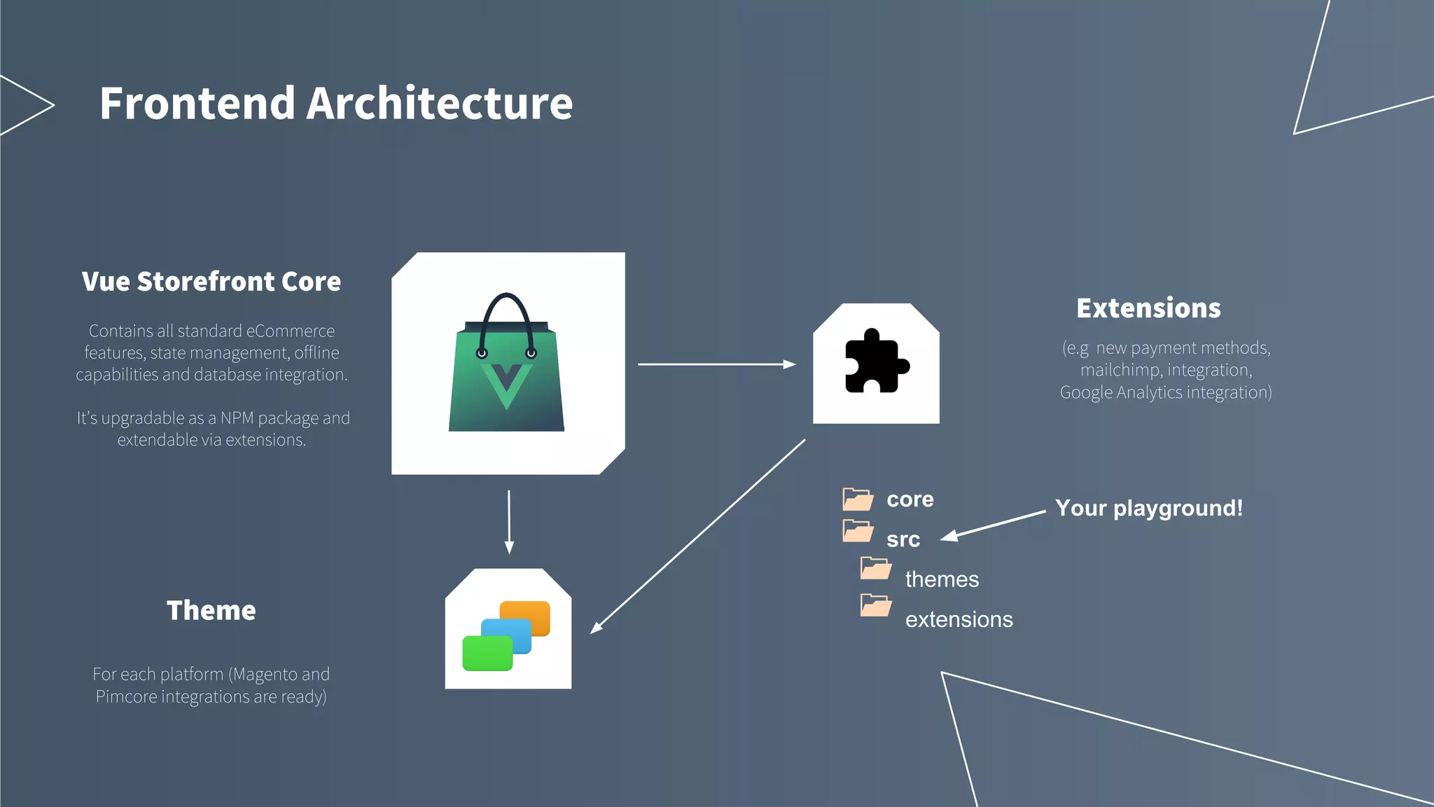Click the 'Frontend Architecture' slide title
[336, 104]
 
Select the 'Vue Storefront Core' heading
[211, 282]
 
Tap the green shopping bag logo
[506, 371]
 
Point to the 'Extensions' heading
[1148, 308]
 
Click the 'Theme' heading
[211, 610]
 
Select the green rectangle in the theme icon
[487, 654]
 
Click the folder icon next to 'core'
[858, 499]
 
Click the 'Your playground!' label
[1149, 508]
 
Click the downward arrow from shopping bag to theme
[509, 521]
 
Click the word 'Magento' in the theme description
[265, 674]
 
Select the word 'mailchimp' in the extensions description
[1120, 370]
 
